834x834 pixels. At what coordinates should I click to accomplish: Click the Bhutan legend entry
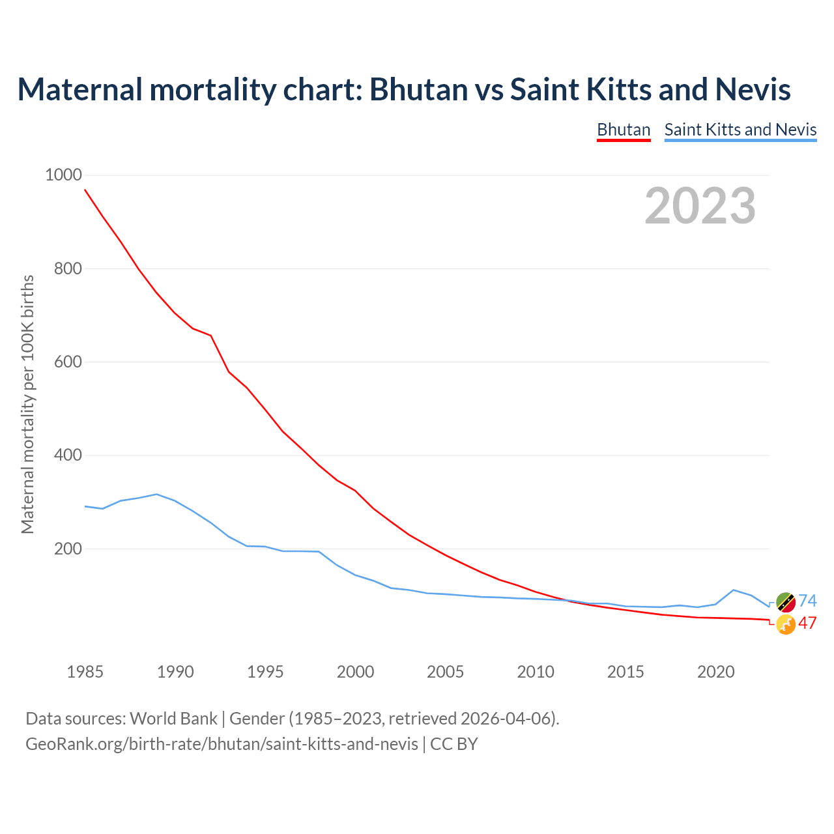pos(624,130)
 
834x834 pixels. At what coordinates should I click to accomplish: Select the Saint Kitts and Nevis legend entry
pos(740,130)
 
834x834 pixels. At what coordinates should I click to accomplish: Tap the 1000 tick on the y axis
pos(63,175)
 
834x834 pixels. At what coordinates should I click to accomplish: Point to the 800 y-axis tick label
pos(68,268)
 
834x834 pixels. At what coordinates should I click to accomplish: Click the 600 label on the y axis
pos(68,362)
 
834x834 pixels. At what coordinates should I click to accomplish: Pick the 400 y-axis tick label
pos(68,455)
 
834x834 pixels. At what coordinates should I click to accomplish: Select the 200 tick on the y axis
pos(68,549)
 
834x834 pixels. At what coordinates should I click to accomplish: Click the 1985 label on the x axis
pos(85,672)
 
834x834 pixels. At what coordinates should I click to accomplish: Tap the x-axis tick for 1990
pos(175,672)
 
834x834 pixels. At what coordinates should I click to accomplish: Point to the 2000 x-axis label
pos(355,672)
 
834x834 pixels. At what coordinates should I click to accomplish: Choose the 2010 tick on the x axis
pos(536,672)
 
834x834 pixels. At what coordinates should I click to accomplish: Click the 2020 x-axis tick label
pos(715,672)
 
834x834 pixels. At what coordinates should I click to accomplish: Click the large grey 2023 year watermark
pos(700,206)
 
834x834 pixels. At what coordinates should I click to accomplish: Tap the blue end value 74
pos(807,601)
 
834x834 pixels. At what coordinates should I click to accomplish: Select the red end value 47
pos(807,623)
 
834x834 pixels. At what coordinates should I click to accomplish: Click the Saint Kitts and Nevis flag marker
pos(786,602)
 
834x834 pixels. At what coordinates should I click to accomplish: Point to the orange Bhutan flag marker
pos(786,624)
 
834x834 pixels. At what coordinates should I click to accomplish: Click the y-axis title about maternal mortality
pos(27,404)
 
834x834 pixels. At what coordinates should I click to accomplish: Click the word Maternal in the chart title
pos(79,89)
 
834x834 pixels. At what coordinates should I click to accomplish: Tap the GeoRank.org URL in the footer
pos(222,743)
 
